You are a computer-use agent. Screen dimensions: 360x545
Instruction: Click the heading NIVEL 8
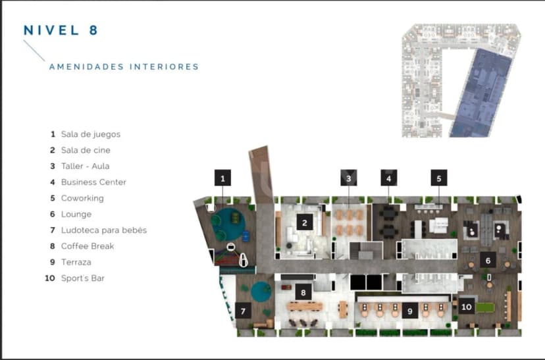61,30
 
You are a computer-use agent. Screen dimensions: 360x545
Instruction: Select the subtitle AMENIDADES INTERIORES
124,66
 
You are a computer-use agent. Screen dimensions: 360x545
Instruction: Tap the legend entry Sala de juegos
90,134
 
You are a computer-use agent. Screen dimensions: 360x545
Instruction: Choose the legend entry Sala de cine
86,150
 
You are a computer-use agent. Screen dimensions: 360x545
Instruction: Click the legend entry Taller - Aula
88,167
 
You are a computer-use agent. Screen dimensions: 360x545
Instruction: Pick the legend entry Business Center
93,182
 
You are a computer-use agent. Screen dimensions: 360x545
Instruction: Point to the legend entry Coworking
82,198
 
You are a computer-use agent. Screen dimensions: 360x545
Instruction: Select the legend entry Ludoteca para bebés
103,230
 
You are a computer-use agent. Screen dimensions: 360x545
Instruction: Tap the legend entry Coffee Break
87,246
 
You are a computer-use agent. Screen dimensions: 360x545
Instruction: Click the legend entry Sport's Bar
82,278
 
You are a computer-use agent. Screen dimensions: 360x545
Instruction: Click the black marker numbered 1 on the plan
223,178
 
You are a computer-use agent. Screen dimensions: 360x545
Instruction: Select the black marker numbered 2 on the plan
304,222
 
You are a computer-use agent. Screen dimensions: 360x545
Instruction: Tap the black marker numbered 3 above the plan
349,178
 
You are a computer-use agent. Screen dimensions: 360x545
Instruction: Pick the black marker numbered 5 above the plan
439,178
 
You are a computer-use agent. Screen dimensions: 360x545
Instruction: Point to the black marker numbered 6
487,259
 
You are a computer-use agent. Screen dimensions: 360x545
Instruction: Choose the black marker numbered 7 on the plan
244,310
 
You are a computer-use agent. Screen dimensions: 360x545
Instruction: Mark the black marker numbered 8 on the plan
303,292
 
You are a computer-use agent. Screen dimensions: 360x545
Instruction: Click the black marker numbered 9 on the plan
409,311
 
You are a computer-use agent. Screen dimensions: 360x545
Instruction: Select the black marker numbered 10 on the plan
467,306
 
